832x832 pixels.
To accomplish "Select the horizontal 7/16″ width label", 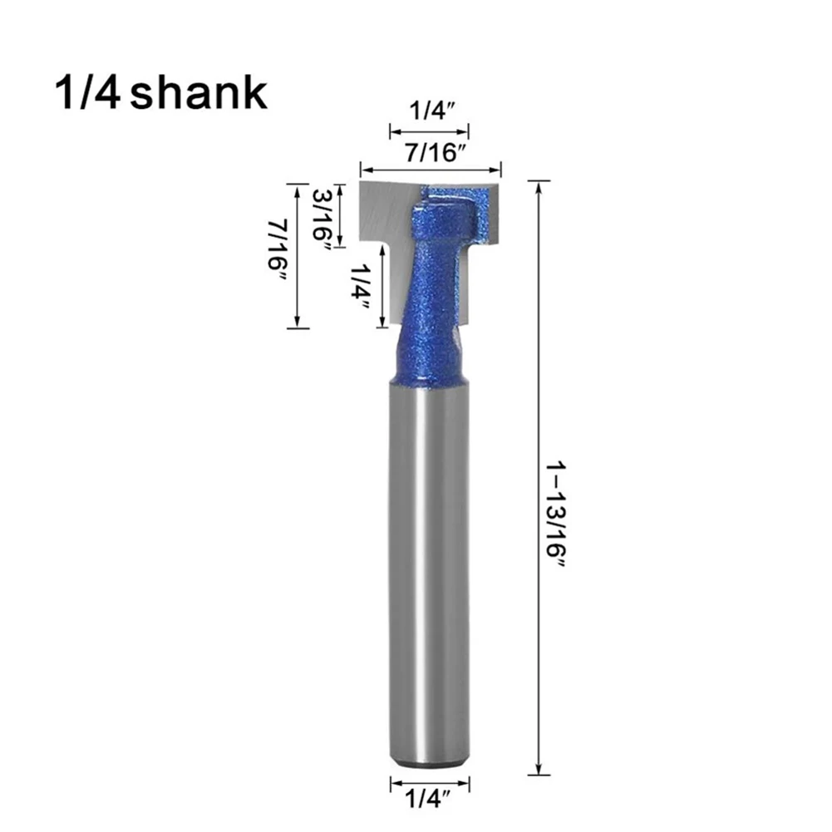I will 430,151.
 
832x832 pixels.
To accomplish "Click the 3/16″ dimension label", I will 322,214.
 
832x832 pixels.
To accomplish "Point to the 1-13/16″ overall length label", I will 555,514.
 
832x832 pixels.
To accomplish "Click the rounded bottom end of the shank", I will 429,761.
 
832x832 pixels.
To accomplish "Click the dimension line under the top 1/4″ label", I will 430,131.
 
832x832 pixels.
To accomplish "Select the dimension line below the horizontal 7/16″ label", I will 430,167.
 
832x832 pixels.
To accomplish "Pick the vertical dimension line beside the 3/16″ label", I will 339,214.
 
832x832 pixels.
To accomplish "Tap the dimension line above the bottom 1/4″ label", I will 430,783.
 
